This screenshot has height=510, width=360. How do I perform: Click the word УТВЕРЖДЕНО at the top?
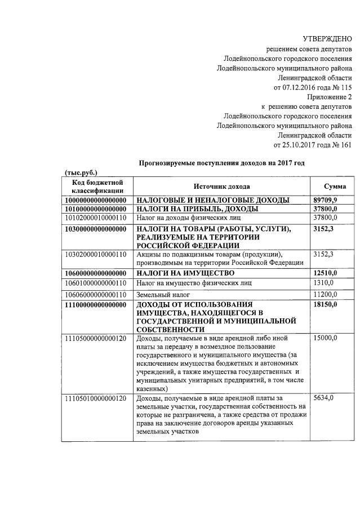[327, 39]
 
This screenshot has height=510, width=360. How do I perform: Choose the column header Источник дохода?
[221, 187]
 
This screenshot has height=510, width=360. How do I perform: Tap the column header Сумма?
[335, 187]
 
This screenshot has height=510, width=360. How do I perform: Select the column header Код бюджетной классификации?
[97, 187]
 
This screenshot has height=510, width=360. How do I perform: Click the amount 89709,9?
[325, 200]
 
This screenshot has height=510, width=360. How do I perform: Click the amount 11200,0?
[325, 295]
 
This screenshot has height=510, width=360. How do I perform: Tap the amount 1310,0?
[323, 283]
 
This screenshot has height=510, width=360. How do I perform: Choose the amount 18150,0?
[325, 305]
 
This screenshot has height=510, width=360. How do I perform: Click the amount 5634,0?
[323, 398]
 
